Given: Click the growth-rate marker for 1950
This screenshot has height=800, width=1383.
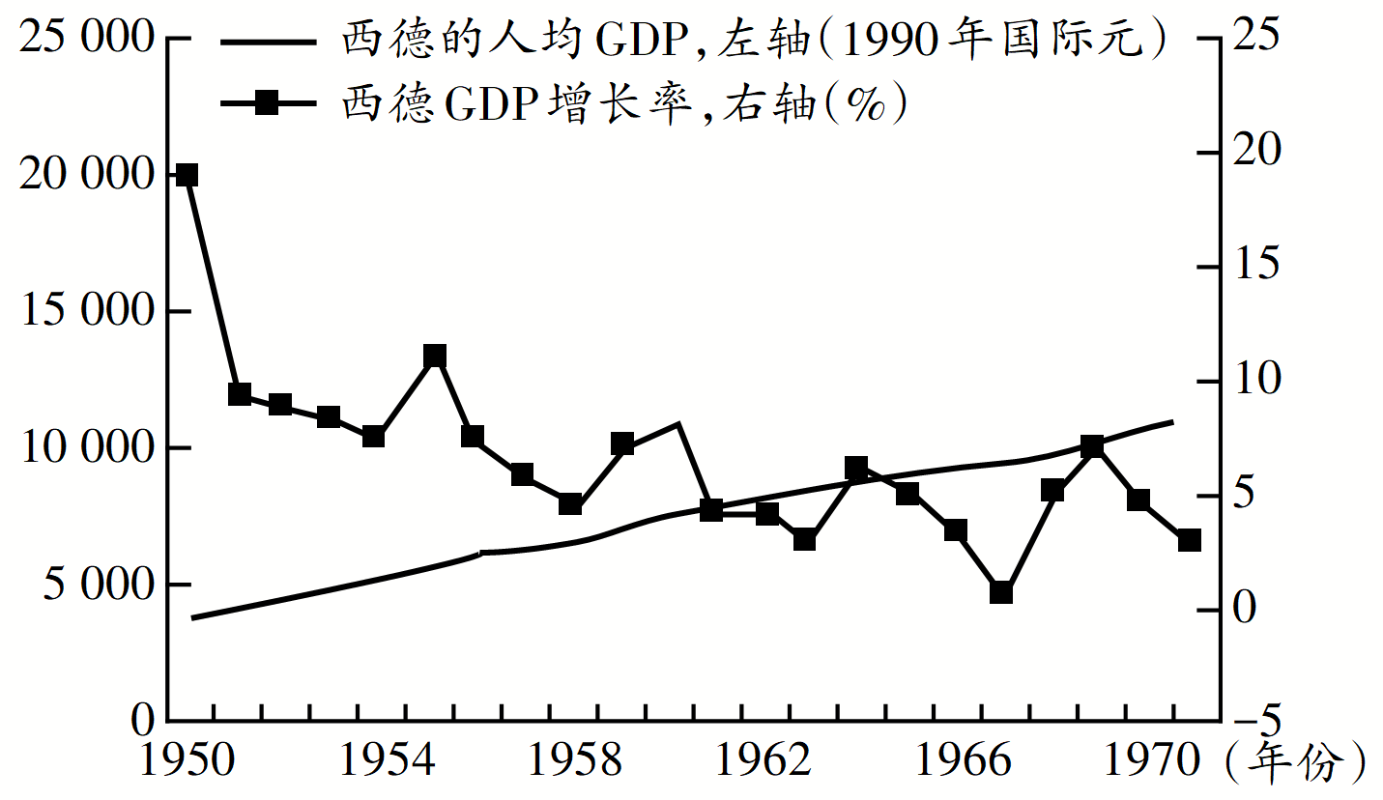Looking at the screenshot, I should coord(187,175).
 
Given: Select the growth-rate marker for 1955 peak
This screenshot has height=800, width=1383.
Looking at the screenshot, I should coord(435,356).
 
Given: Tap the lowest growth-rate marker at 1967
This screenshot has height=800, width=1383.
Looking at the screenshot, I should coord(1001,592).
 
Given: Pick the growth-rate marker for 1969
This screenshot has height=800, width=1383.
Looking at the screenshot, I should coord(1092,446).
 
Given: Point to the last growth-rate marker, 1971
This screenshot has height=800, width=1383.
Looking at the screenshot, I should coord(1189,540).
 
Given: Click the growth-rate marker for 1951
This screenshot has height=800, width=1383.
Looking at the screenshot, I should coord(240,394).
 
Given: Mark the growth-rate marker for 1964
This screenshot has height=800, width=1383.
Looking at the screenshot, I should coord(856,470).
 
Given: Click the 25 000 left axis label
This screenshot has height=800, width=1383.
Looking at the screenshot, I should coord(86,39).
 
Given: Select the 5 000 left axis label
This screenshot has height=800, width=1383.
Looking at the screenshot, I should coord(97,585).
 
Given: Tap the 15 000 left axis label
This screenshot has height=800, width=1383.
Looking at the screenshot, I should coord(86,311).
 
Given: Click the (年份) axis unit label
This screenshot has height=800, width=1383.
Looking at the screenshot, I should coord(1295,763).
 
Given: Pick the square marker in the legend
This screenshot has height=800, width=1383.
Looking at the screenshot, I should coord(267,102).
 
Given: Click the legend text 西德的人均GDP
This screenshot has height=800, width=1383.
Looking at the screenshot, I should coord(464,41).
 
